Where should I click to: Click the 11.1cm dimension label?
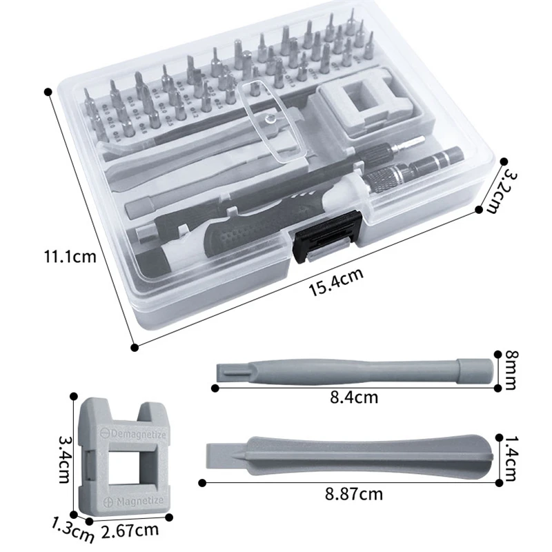(70, 257)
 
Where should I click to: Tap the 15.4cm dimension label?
(336, 282)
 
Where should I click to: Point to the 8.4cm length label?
(354, 397)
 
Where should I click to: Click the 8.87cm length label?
(353, 494)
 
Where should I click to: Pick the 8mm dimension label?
(511, 370)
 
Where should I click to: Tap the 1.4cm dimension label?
(511, 459)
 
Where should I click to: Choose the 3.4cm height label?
(64, 460)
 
